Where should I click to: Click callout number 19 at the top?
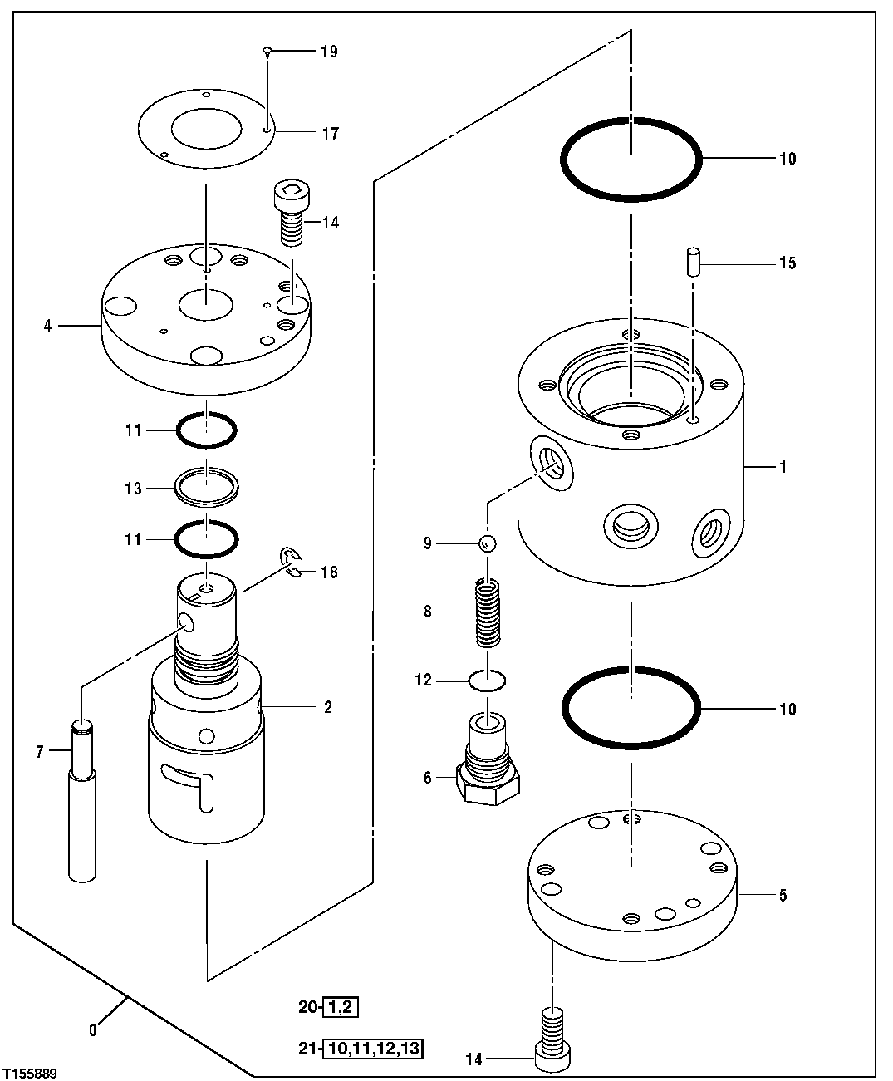(329, 52)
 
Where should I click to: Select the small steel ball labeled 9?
(488, 543)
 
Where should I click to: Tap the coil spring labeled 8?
(488, 613)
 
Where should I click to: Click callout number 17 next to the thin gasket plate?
(330, 133)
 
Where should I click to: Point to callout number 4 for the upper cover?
(48, 326)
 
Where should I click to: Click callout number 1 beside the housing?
(781, 467)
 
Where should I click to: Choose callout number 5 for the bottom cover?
(781, 896)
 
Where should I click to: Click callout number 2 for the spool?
(328, 707)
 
